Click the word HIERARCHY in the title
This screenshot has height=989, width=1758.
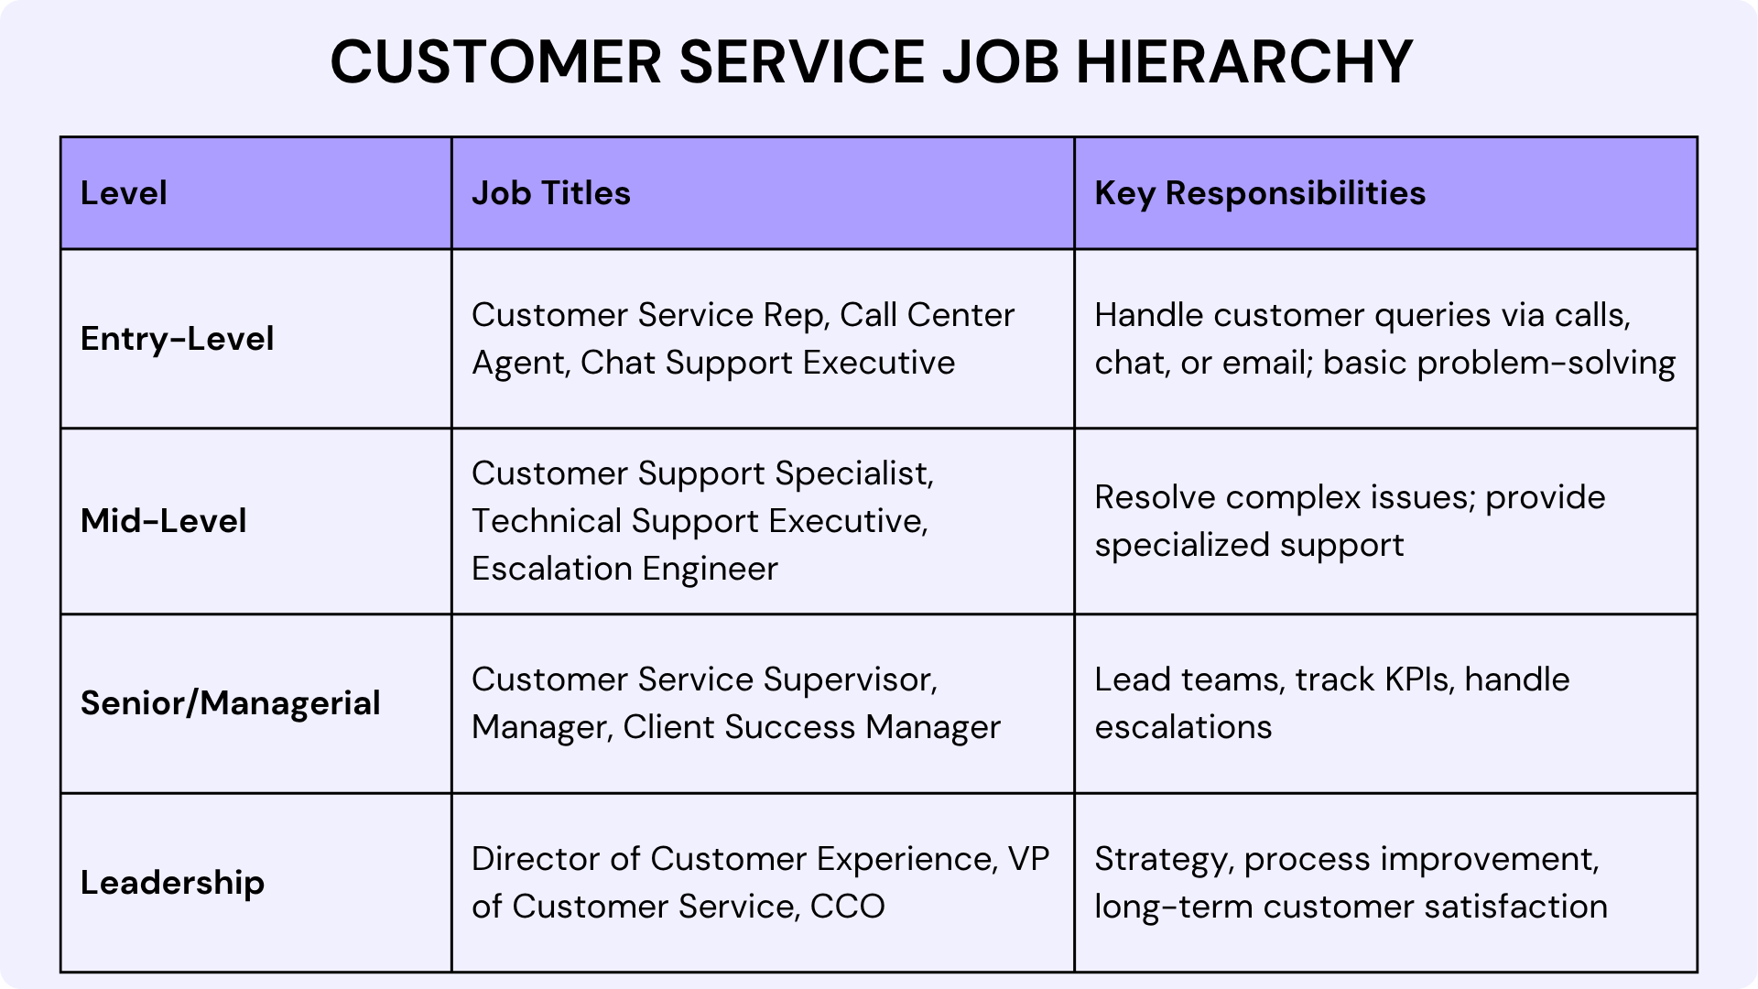coord(1244,62)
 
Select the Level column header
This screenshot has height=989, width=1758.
coord(124,193)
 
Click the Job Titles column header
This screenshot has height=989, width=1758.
coord(550,193)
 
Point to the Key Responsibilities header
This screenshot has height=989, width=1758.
coord(1260,193)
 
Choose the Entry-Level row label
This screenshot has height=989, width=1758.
coord(177,339)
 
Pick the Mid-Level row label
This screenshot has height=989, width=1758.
coord(164,521)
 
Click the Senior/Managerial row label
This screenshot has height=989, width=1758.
coord(230,703)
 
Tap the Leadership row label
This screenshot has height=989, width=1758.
coord(172,883)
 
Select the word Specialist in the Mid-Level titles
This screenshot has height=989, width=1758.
coord(853,473)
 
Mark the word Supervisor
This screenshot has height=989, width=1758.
coord(850,679)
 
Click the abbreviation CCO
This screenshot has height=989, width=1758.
coord(847,907)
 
